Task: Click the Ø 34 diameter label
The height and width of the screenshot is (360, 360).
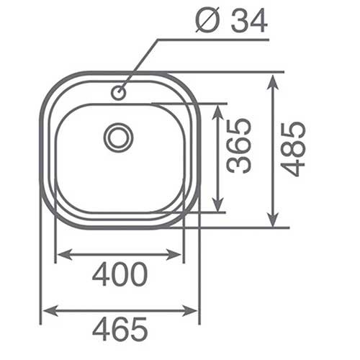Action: (x=231, y=20)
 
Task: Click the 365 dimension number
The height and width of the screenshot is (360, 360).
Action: (x=239, y=145)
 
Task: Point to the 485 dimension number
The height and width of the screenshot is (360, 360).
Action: (x=293, y=149)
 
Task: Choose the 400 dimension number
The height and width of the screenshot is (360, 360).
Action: (x=120, y=274)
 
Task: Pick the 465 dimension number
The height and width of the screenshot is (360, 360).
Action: (x=120, y=329)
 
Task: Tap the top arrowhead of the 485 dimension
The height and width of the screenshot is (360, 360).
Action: (x=273, y=82)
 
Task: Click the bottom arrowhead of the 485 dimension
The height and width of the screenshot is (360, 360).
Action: (x=273, y=218)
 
